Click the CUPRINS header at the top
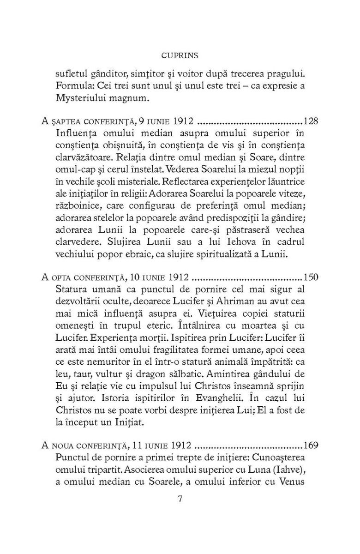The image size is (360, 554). coord(180,55)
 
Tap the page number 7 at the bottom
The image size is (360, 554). coord(180,500)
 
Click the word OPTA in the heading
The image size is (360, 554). coord(61,278)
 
